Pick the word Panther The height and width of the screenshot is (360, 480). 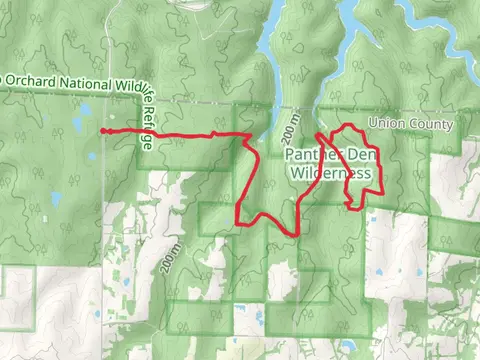pyautogui.click(x=313, y=156)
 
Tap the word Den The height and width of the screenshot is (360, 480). pyautogui.click(x=358, y=156)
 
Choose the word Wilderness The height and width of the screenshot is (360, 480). pyautogui.click(x=332, y=173)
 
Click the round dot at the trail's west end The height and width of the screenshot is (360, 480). pyautogui.click(x=103, y=130)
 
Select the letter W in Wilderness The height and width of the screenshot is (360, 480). pyautogui.click(x=298, y=173)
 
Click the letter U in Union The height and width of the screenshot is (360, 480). pyautogui.click(x=372, y=123)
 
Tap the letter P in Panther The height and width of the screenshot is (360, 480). pyautogui.click(x=291, y=156)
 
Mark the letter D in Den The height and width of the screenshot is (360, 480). pyautogui.click(x=348, y=156)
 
